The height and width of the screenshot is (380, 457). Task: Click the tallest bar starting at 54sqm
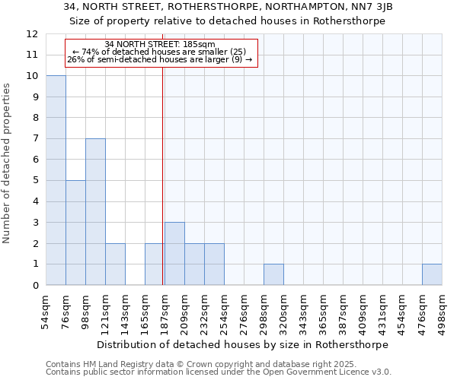click(56, 180)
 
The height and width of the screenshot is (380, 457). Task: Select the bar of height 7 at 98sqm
click(95, 212)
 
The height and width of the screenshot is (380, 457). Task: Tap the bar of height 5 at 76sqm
click(75, 233)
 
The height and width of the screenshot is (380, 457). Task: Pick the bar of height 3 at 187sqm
click(174, 254)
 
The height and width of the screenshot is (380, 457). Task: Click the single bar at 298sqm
click(273, 274)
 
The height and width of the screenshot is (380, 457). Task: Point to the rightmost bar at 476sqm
click(432, 274)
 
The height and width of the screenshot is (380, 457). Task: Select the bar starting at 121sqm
click(115, 264)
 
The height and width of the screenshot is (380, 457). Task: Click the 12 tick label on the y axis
click(32, 34)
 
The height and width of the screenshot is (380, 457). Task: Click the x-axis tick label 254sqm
click(224, 309)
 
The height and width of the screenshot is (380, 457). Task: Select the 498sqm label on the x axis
click(442, 309)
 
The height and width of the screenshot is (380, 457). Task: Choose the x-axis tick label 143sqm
click(125, 309)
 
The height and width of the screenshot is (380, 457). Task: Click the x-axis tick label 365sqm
click(323, 309)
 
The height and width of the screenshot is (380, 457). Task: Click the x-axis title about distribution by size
click(244, 344)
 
